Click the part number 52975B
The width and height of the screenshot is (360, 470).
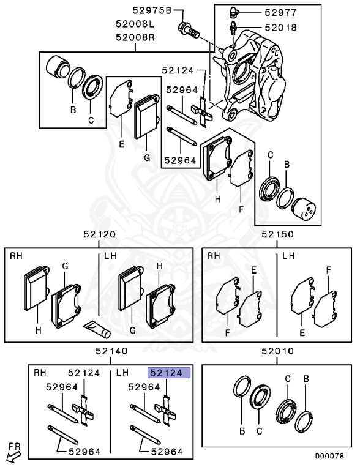[x=152, y=11]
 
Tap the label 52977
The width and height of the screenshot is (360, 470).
[x=281, y=12]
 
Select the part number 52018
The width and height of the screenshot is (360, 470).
[x=281, y=28]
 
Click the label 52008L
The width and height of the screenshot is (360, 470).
[x=135, y=24]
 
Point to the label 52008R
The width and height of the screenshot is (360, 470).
[x=135, y=37]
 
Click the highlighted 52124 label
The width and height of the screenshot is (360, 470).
[x=169, y=373]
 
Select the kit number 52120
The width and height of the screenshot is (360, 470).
[x=99, y=234]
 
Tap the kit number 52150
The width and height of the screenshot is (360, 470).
[x=277, y=234]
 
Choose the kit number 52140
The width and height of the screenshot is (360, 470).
[x=111, y=351]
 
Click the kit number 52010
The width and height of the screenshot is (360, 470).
[x=277, y=351]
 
